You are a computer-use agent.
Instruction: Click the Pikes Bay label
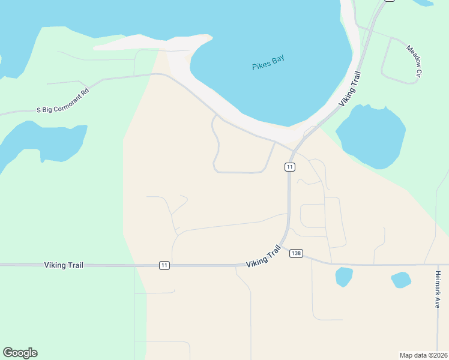[x=268, y=62]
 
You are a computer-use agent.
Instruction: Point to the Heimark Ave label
[x=438, y=289]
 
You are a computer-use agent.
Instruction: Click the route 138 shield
[x=295, y=253]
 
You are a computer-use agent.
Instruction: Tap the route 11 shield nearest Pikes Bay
[x=290, y=167]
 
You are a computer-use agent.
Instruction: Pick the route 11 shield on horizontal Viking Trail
[x=164, y=265]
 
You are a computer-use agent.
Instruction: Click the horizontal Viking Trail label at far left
[x=64, y=265]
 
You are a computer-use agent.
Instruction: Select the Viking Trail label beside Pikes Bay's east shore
[x=350, y=89]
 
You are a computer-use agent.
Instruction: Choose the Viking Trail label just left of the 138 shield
[x=264, y=257]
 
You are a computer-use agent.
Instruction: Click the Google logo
[x=20, y=353]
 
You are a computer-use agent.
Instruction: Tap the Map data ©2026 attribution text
[x=423, y=355]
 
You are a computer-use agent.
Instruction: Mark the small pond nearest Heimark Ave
[x=400, y=280]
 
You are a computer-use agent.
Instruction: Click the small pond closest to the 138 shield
[x=344, y=277]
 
